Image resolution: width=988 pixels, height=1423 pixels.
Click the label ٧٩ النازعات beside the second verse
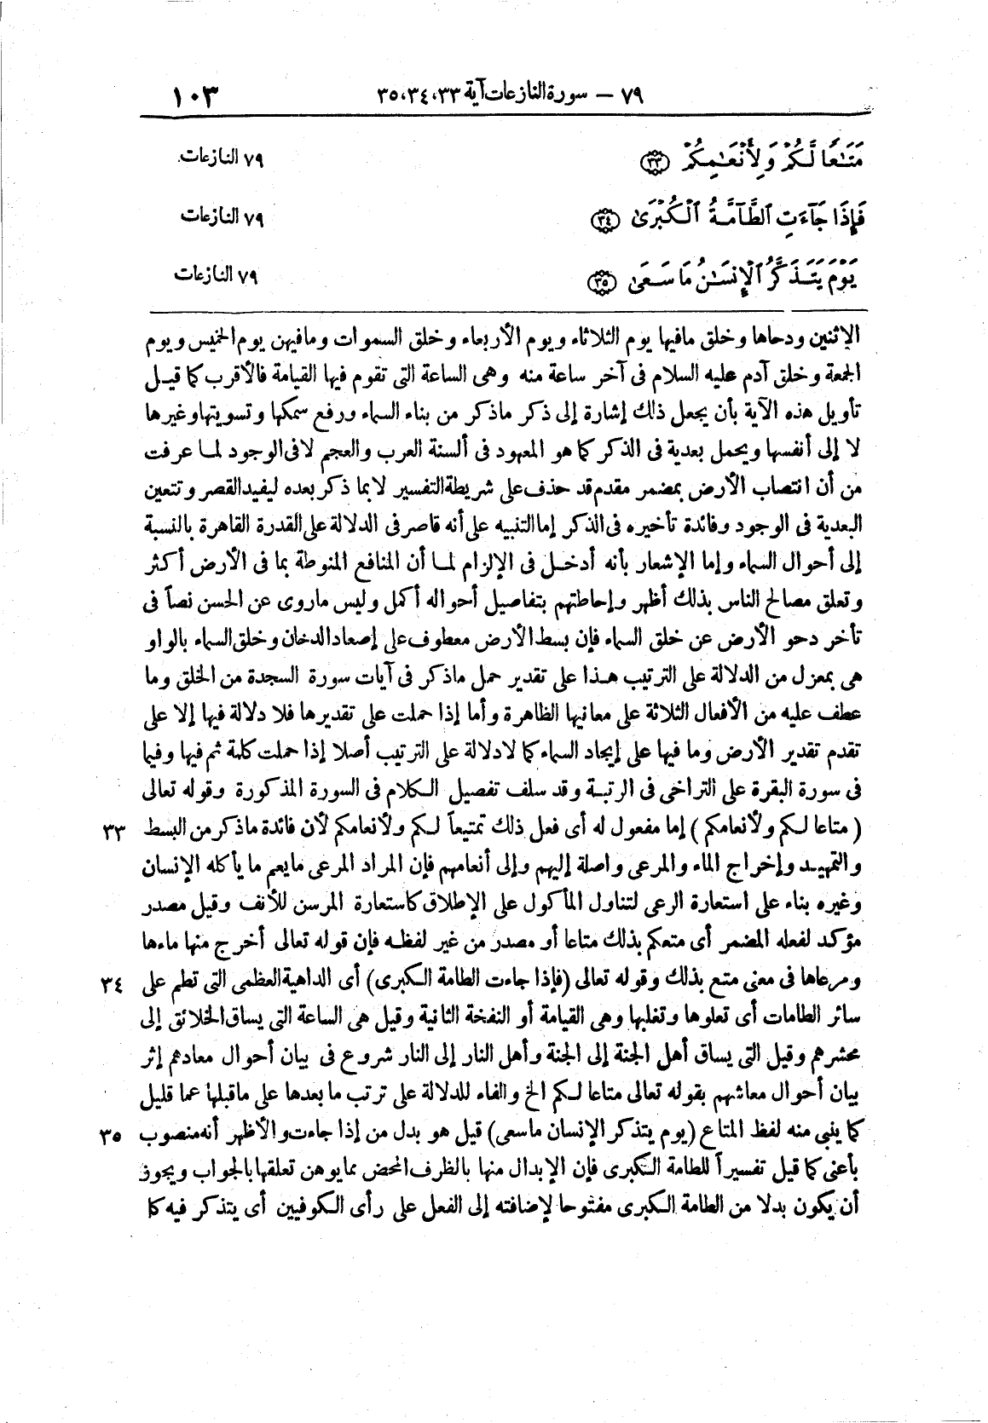220,217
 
